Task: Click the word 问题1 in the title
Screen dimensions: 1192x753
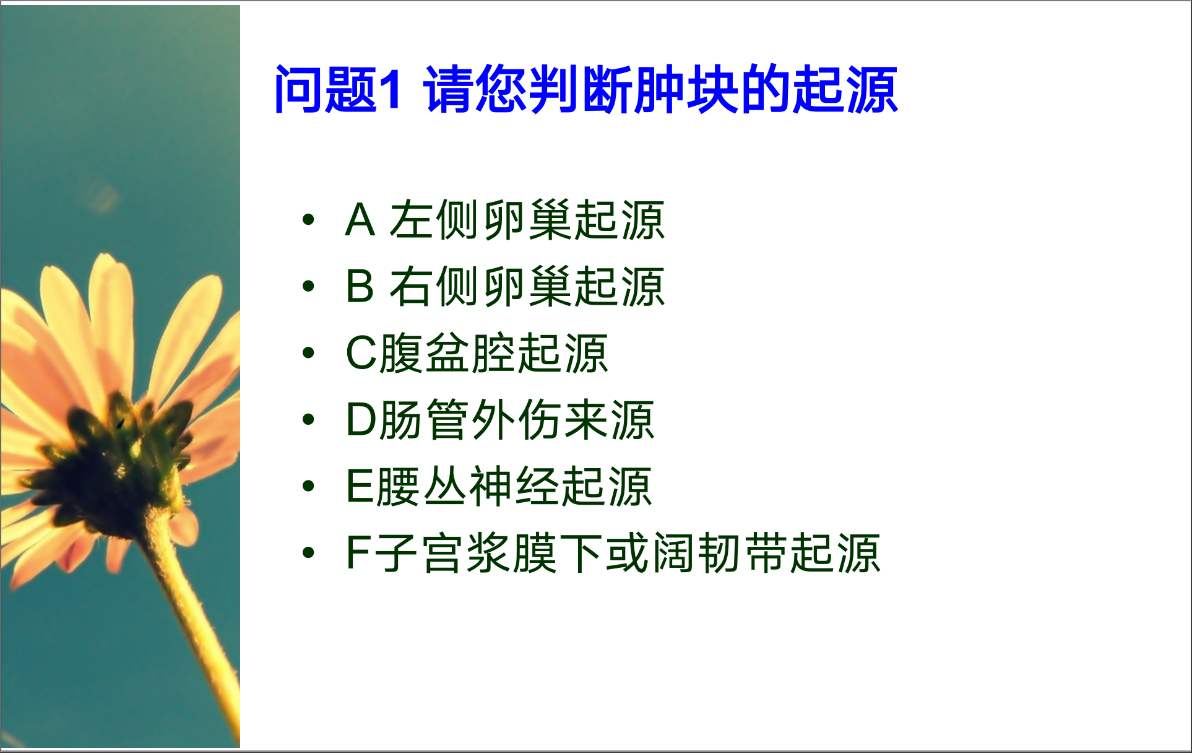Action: [338, 90]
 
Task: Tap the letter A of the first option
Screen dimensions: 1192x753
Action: [360, 220]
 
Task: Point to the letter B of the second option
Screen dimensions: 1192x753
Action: [360, 286]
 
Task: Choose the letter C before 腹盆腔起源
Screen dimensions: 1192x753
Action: [362, 353]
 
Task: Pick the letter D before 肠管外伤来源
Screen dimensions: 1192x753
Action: [362, 420]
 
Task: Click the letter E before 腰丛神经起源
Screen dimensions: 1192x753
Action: [360, 486]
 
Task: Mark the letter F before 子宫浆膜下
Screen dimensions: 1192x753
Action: [359, 552]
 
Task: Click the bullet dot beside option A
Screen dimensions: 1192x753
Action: [308, 219]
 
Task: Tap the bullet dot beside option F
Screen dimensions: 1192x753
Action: [308, 552]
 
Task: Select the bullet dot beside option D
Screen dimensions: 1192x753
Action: [308, 419]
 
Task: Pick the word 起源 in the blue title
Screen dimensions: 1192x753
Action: [845, 90]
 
